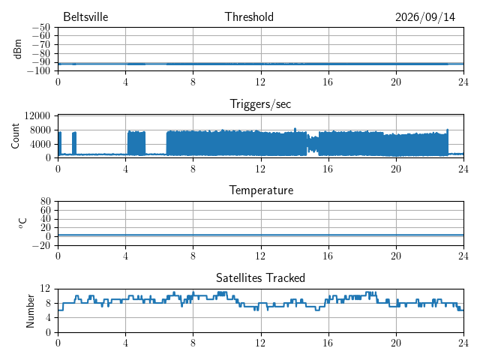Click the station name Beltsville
point(85,16)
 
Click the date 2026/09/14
point(425,17)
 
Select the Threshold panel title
point(249,16)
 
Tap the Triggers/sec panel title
point(260,104)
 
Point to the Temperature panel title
point(261,190)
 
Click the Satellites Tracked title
point(260,278)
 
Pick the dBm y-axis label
point(18,49)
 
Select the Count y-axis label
point(15,136)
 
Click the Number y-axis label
point(30,311)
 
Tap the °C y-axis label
point(22,223)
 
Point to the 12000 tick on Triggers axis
point(37,115)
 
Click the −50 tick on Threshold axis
point(41,28)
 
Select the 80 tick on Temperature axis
point(45,202)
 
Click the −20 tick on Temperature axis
point(41,245)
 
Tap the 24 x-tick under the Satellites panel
point(463,343)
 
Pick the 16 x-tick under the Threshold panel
point(328,82)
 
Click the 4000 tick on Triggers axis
point(40,144)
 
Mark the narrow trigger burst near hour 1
point(74,143)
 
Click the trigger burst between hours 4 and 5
point(136,143)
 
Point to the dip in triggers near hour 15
point(313,144)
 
